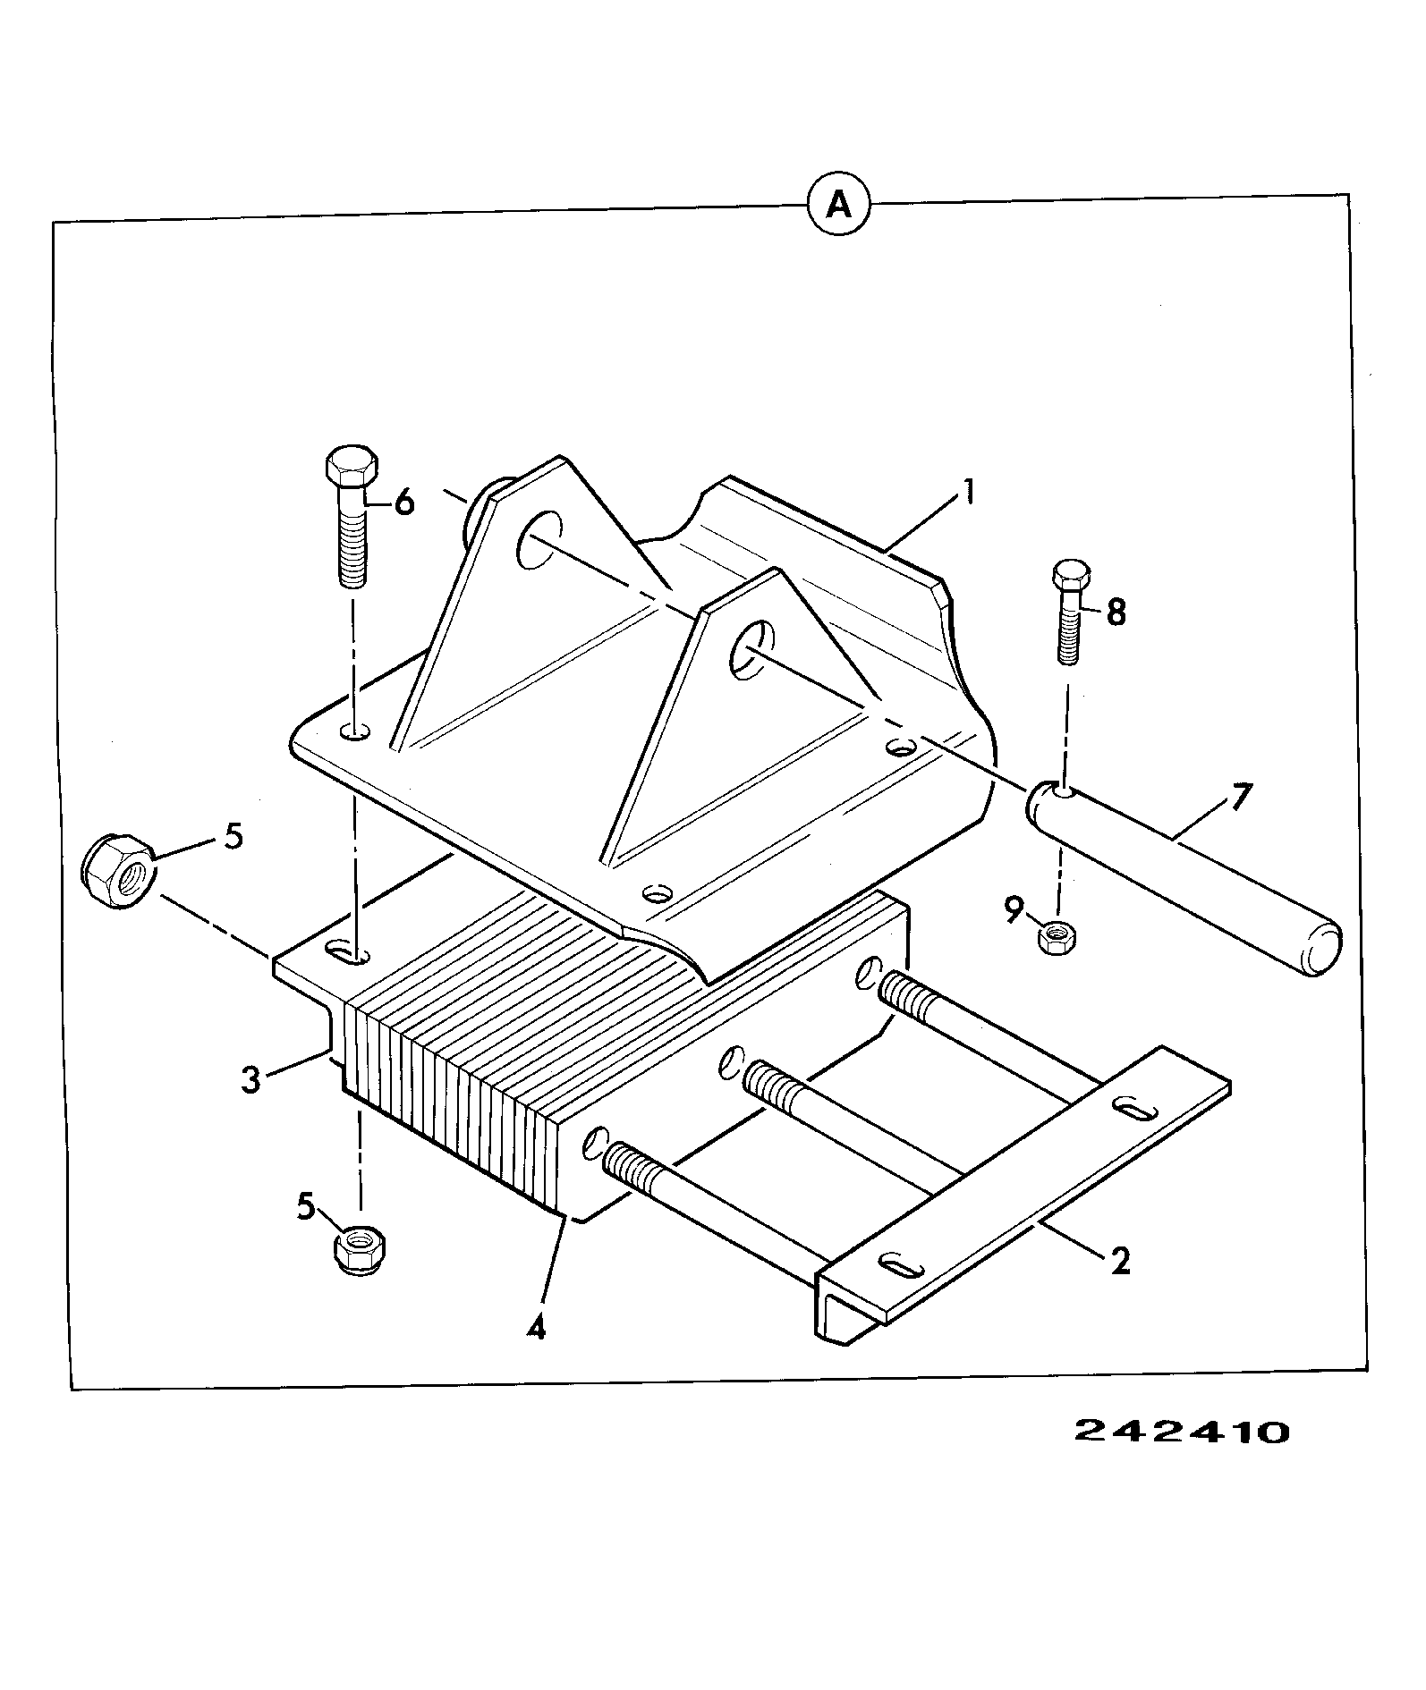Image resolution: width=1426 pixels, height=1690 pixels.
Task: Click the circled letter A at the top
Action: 838,207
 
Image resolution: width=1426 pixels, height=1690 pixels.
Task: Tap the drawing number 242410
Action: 1181,1432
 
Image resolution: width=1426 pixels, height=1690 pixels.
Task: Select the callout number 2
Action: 1119,1262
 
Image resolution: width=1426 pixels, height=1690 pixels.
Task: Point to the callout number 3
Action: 250,1079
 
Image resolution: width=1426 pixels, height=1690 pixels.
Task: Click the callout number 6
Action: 404,504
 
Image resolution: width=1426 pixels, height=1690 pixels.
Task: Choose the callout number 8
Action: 1116,613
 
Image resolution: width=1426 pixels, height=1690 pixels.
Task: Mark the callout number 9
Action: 1013,910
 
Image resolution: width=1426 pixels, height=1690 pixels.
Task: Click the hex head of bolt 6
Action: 350,466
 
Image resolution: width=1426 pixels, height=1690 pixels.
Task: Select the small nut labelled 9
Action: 1059,936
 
